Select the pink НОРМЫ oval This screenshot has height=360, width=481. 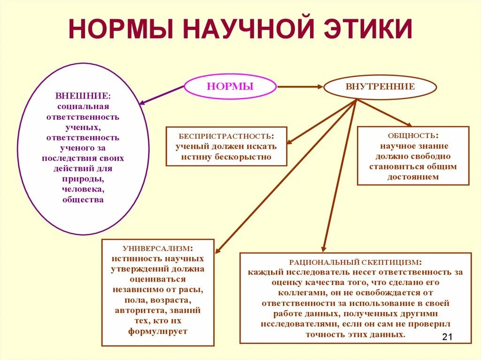pos(230,86)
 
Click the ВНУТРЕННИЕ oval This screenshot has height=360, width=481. pos(380,87)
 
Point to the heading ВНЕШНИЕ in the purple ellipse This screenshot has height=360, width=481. pos(82,96)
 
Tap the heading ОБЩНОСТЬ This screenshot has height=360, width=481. pos(412,136)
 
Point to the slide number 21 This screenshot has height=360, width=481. pos(447,337)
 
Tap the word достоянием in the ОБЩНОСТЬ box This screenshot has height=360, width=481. pos(413,177)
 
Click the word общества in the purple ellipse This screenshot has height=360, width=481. pos(83,200)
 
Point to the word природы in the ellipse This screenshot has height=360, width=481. pos(83,179)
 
